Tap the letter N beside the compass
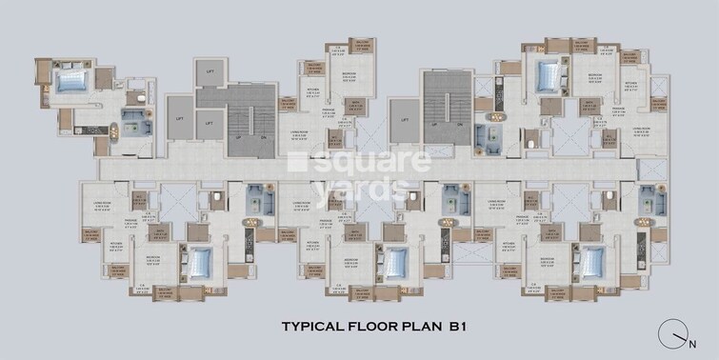692,338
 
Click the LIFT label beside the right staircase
405,121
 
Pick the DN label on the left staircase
263,136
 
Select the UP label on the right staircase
434,124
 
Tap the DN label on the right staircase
458,124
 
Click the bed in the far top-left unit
71,80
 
